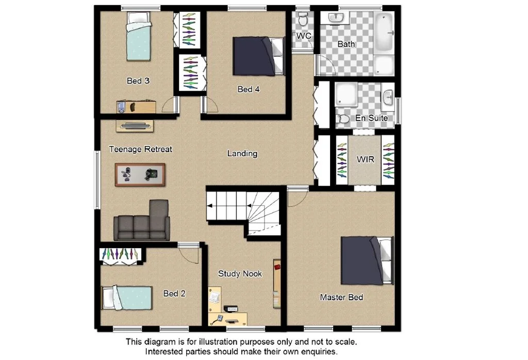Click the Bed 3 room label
tap(138, 81)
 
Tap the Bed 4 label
tap(248, 89)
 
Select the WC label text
tap(303, 36)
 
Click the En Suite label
tap(371, 118)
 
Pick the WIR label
tap(366, 159)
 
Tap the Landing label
tap(242, 153)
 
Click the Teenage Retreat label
tap(140, 149)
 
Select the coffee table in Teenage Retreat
tap(140, 174)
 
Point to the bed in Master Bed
tap(366, 260)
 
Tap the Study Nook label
tap(240, 274)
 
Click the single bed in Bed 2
tap(127, 298)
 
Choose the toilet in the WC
tap(303, 20)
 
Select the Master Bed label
tap(341, 297)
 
